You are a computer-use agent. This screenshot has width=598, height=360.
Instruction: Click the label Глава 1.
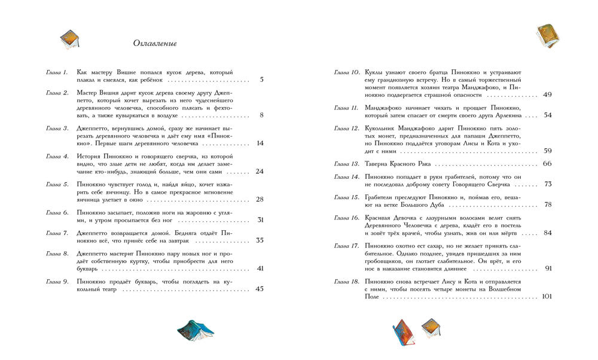(57, 72)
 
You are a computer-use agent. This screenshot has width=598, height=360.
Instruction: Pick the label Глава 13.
(346, 163)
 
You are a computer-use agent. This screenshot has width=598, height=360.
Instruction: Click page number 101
(547, 297)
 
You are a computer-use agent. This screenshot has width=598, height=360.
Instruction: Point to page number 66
(547, 163)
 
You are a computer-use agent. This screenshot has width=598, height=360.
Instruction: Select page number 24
(260, 172)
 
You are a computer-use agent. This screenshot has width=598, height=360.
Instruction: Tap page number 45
(260, 289)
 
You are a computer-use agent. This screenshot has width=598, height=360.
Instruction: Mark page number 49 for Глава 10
(548, 95)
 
